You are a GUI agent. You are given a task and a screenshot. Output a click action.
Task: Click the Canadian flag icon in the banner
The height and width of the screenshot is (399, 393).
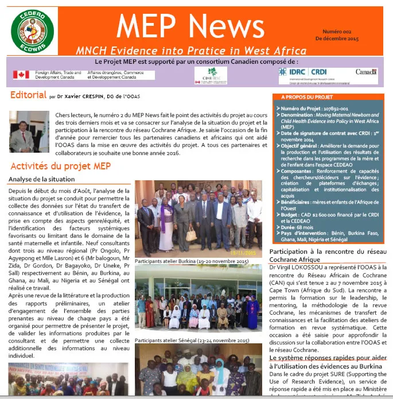point(21,75)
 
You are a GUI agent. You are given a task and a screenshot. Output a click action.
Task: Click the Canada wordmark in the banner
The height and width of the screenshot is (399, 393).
point(366,72)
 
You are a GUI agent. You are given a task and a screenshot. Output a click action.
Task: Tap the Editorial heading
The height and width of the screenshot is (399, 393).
point(28,95)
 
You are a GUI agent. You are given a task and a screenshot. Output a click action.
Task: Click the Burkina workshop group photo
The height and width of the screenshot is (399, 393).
point(199,219)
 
